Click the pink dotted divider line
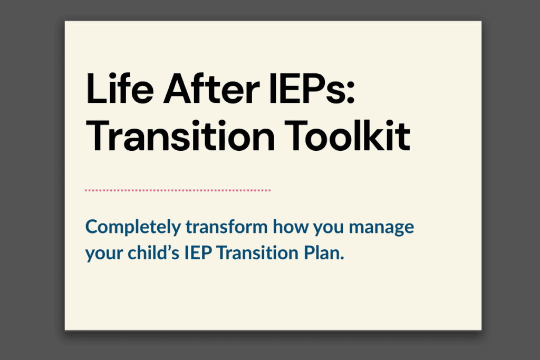pyautogui.click(x=178, y=190)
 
